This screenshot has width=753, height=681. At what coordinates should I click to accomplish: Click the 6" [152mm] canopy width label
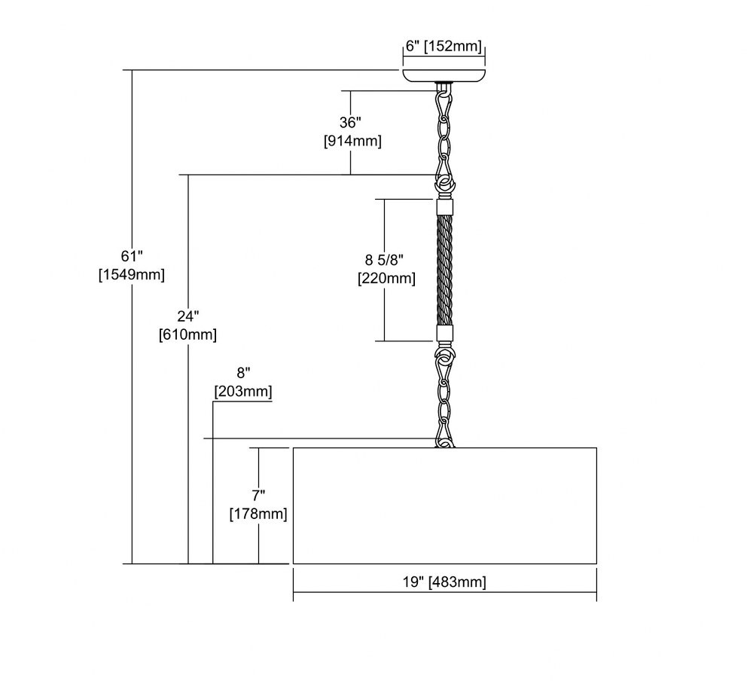[444, 46]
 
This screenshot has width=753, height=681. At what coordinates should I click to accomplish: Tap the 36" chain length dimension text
[350, 123]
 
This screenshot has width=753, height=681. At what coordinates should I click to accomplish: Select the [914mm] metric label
[352, 142]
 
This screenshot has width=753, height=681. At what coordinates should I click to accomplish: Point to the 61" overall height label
[132, 256]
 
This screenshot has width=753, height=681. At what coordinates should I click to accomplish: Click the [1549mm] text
[132, 275]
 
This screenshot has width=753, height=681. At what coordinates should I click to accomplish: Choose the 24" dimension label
[187, 316]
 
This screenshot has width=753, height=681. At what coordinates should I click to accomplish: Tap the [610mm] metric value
[187, 334]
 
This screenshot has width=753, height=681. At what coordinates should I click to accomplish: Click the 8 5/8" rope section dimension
[384, 260]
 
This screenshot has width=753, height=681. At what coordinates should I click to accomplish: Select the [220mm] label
[386, 279]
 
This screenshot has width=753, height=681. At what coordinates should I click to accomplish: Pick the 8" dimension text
[243, 373]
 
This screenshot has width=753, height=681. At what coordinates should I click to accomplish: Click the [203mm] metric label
[243, 392]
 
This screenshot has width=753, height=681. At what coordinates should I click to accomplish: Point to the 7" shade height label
[258, 496]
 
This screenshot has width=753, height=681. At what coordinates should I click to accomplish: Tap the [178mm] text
[258, 515]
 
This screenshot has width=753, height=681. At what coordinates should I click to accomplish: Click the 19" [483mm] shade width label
[444, 582]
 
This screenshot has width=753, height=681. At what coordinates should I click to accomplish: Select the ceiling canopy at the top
[444, 76]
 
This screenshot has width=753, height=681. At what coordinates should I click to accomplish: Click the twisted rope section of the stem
[445, 270]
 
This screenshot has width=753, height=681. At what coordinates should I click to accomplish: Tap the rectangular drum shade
[445, 505]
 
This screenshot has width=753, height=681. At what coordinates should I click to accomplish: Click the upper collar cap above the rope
[445, 207]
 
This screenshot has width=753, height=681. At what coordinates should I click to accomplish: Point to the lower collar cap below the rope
[445, 334]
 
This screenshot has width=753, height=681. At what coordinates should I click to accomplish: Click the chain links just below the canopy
[444, 130]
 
